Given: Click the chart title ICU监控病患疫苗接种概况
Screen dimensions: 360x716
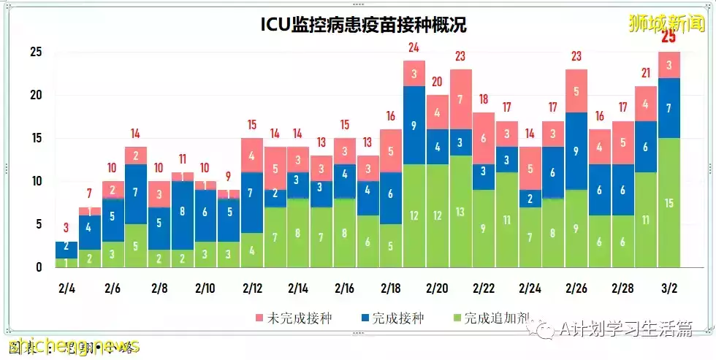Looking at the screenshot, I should tap(364, 25).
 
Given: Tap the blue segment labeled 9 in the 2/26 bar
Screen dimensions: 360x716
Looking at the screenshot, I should tap(576, 152).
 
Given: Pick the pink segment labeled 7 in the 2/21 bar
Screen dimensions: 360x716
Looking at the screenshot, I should tap(460, 99).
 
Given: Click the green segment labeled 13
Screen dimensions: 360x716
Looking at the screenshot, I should tap(460, 212).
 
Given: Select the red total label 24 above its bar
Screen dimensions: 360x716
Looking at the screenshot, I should tap(414, 48).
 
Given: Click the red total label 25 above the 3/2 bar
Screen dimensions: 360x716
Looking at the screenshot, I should tap(669, 38).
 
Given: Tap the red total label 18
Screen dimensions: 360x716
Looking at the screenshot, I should tap(484, 99).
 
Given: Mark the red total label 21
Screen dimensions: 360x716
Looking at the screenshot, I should tap(645, 73).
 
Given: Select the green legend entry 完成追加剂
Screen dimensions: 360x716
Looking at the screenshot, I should tap(493, 318).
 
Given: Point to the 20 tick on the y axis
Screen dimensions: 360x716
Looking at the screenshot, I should tap(35, 95).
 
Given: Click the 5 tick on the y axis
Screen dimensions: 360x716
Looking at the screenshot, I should tap(38, 224).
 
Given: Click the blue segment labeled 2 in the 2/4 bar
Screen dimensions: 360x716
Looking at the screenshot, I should tap(66, 246).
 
